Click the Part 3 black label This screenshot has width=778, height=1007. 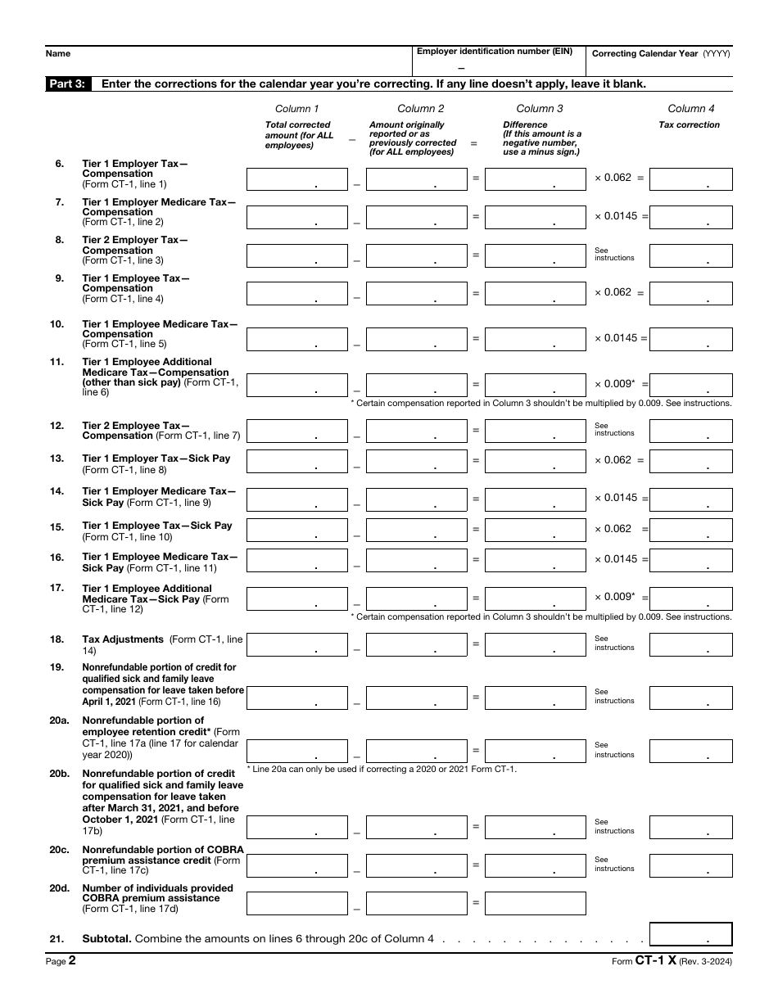[x=68, y=84]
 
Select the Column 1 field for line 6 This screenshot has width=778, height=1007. [x=297, y=179]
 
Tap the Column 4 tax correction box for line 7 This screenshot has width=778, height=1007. [x=690, y=217]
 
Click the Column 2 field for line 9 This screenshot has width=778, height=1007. [x=416, y=293]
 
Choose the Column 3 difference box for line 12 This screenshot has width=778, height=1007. [x=536, y=431]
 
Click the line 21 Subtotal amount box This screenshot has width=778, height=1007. [x=690, y=935]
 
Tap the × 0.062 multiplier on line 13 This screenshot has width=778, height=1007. [x=613, y=460]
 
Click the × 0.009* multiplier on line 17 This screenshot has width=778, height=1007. [x=615, y=597]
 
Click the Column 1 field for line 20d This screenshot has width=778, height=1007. [x=297, y=903]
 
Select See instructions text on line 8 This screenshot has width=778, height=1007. [x=614, y=254]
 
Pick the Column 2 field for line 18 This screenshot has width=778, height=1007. [x=416, y=645]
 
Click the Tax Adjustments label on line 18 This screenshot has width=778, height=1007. [x=123, y=639]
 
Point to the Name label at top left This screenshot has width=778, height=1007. [x=57, y=53]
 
